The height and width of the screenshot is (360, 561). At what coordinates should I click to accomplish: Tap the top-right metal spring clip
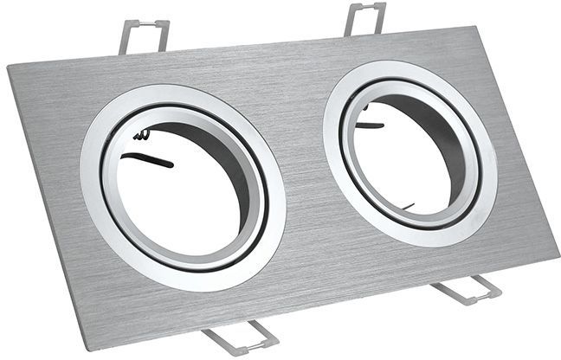[x=364, y=17]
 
